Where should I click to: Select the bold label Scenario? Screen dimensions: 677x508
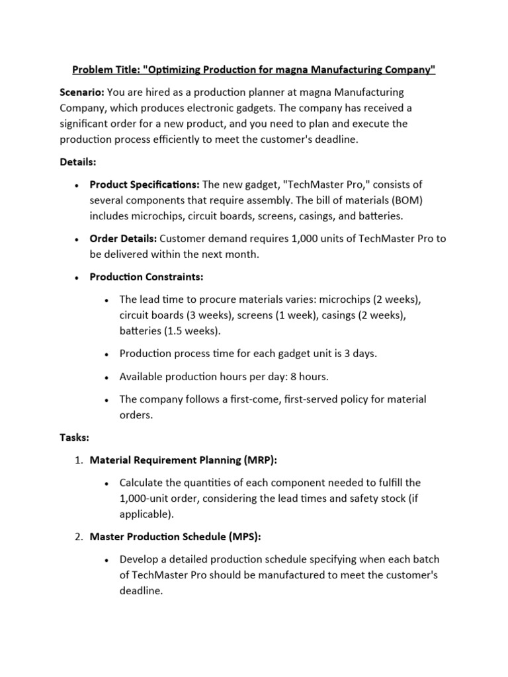[x=81, y=92]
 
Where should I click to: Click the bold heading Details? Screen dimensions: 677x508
[x=77, y=161]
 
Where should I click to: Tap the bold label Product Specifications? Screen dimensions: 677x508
[x=145, y=184]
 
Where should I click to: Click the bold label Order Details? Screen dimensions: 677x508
[x=124, y=238]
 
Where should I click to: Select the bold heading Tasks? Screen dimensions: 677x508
[x=74, y=438]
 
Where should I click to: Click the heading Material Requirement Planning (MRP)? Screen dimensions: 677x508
[x=183, y=460]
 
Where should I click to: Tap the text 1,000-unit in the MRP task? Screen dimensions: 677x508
[x=148, y=498]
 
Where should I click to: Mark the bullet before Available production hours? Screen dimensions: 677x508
[x=106, y=377]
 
